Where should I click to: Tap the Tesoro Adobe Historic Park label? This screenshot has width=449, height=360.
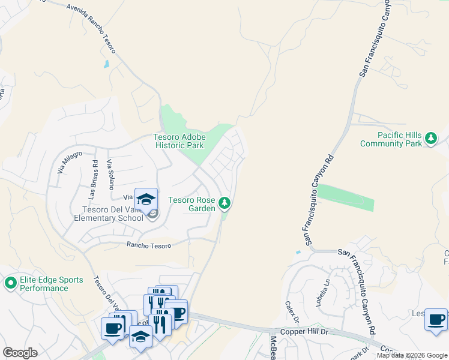pyautogui.click(x=179, y=142)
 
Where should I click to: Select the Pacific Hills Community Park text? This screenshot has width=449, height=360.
pyautogui.click(x=391, y=139)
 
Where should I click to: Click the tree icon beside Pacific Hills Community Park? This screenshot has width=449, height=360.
pyautogui.click(x=430, y=139)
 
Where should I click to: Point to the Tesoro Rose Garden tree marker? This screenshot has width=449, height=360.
pyautogui.click(x=224, y=204)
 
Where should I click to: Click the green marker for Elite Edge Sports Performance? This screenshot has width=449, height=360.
pyautogui.click(x=10, y=282)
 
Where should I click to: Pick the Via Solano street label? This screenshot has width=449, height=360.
pyautogui.click(x=110, y=175)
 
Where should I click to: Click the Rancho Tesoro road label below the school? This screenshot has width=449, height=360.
pyautogui.click(x=149, y=245)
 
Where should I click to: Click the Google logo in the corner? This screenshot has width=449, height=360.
pyautogui.click(x=20, y=353)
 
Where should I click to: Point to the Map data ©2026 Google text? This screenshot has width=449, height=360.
pyautogui.click(x=412, y=355)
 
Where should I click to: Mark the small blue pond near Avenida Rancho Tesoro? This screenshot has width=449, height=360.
pyautogui.click(x=107, y=64)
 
